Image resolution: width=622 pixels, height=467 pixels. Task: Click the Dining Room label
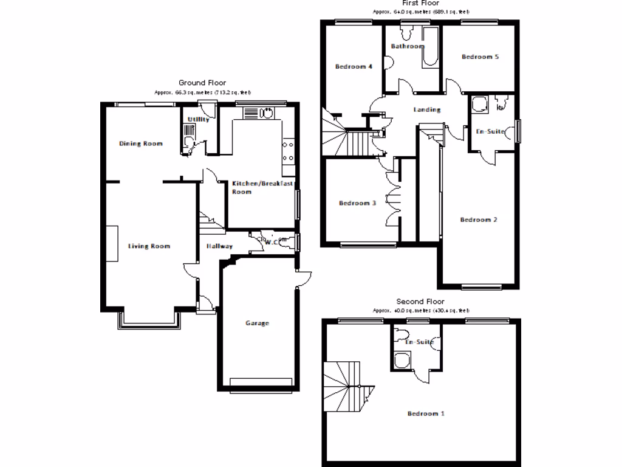click(x=140, y=144)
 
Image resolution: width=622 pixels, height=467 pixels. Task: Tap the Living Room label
click(x=149, y=246)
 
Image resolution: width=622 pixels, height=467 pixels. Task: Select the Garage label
click(x=257, y=323)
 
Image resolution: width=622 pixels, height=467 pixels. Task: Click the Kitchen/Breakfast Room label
click(x=262, y=187)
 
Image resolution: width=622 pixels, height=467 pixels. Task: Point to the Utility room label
click(x=199, y=119)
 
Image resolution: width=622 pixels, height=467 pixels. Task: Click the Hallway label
click(x=219, y=246)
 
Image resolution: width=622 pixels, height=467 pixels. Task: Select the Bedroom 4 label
click(x=354, y=66)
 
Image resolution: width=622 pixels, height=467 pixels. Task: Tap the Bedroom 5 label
click(x=480, y=57)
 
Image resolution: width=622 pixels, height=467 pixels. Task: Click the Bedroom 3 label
click(x=357, y=203)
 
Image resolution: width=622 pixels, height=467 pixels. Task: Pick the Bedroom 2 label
click(x=479, y=220)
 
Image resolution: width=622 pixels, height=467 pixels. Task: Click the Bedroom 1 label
click(x=426, y=413)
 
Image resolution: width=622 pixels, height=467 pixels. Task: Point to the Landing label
click(x=426, y=110)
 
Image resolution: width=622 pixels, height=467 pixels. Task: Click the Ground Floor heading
click(x=202, y=82)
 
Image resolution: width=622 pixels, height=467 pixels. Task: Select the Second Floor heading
click(x=420, y=302)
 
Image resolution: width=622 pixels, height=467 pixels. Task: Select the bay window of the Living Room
click(x=148, y=322)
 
